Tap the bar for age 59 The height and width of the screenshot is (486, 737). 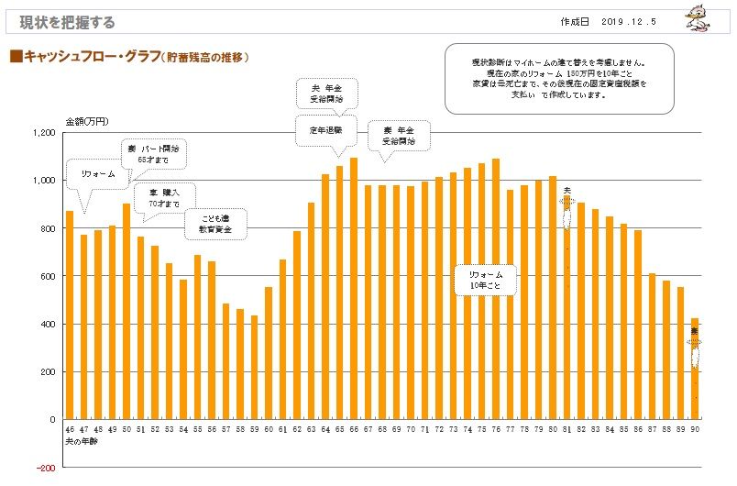pos(254,367)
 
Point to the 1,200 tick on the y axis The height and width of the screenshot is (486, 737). pos(43,133)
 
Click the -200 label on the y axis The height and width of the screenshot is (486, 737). pos(45,467)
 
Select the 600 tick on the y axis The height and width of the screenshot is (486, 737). pos(47,276)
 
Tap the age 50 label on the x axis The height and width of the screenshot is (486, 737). pos(126,429)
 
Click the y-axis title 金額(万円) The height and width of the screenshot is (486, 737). pos(87,121)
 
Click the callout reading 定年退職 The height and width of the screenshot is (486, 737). pos(325,130)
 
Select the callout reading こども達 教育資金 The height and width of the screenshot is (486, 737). pos(215,223)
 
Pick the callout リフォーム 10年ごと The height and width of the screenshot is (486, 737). pos(486,281)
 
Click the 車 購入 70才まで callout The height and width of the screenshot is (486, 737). pos(157,198)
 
